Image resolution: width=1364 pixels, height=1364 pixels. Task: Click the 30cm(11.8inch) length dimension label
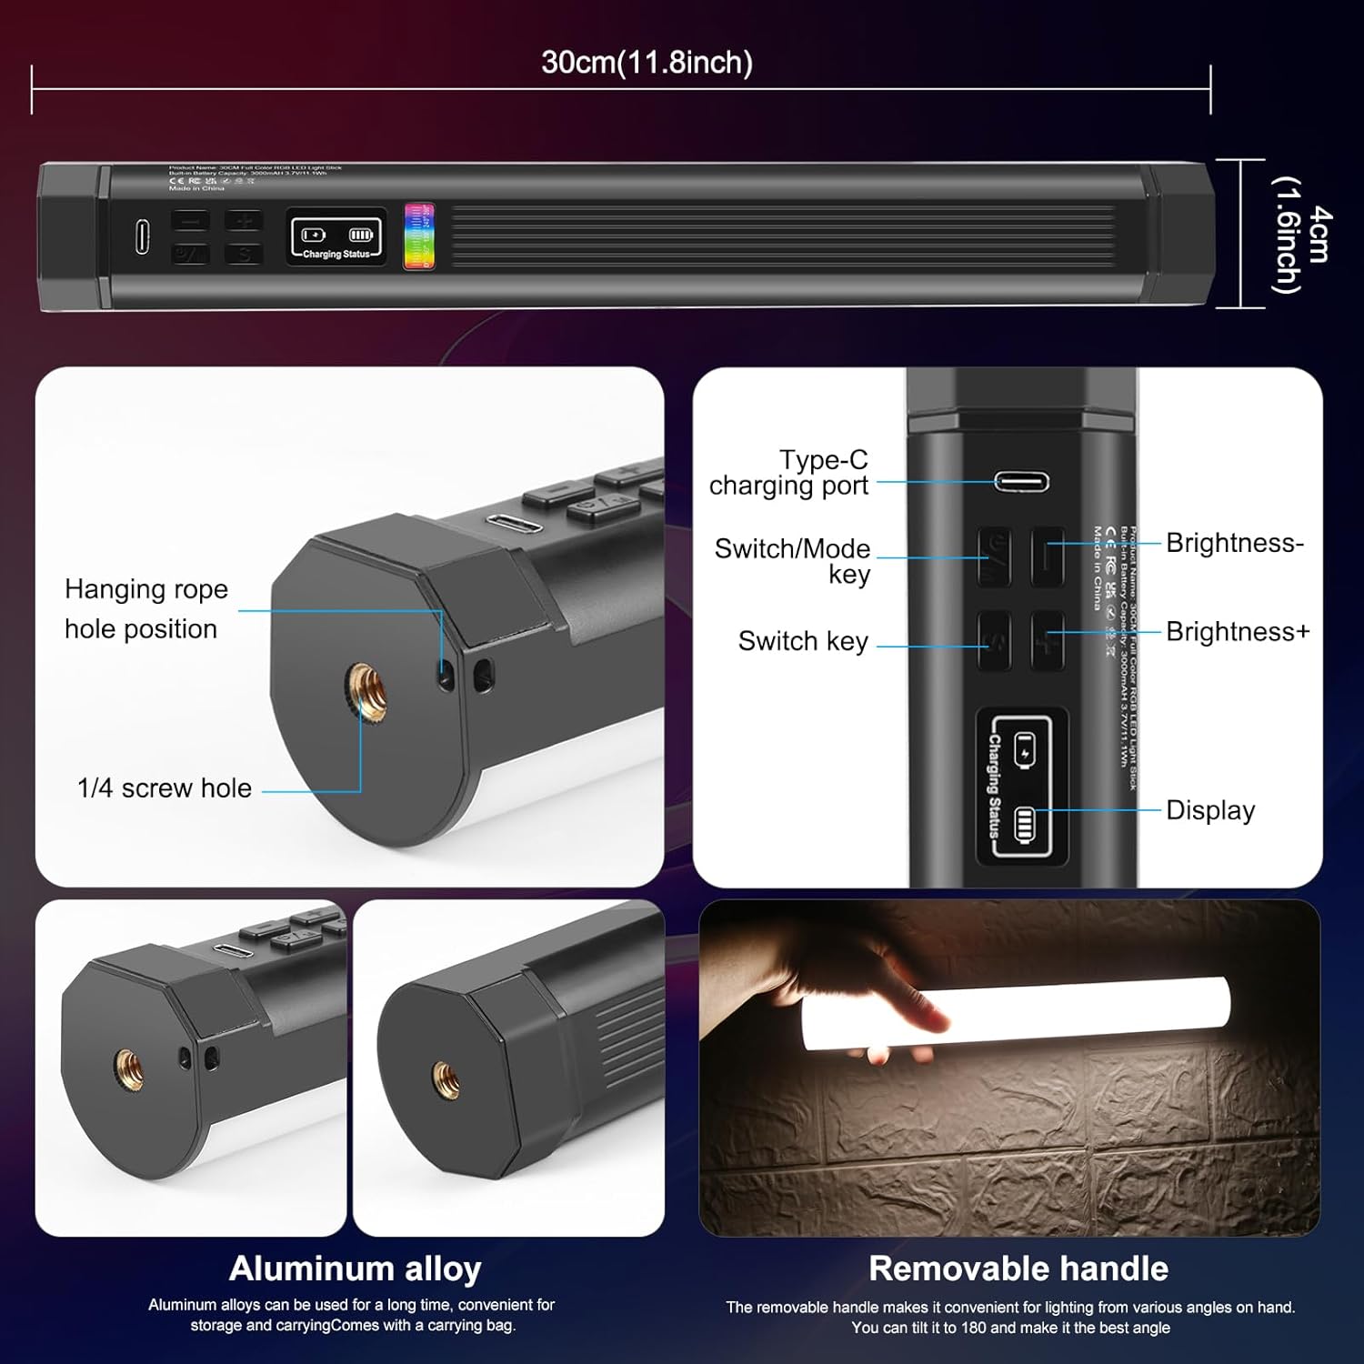pos(647,63)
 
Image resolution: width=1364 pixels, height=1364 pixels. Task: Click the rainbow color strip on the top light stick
pos(419,236)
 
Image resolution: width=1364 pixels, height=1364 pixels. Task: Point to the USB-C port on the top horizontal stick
pos(143,237)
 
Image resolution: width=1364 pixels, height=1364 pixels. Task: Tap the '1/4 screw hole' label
pos(165,788)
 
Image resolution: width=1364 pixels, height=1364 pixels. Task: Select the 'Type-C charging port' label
pos(789,473)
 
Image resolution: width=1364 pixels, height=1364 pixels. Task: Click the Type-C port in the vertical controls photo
pos(1021,481)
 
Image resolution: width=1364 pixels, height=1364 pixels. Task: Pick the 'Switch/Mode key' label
pos(793,561)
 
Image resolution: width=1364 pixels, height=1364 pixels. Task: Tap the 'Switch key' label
pos(803,641)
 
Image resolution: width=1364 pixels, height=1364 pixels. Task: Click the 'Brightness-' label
pos(1234,543)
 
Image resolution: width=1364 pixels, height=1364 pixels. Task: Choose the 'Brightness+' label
pos(1238,631)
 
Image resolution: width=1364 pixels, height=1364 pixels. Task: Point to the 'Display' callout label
pos(1210,810)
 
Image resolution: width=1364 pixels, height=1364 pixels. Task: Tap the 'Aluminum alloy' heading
pos(355,1269)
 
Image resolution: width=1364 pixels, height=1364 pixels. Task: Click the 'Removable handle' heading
pos(1018,1269)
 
